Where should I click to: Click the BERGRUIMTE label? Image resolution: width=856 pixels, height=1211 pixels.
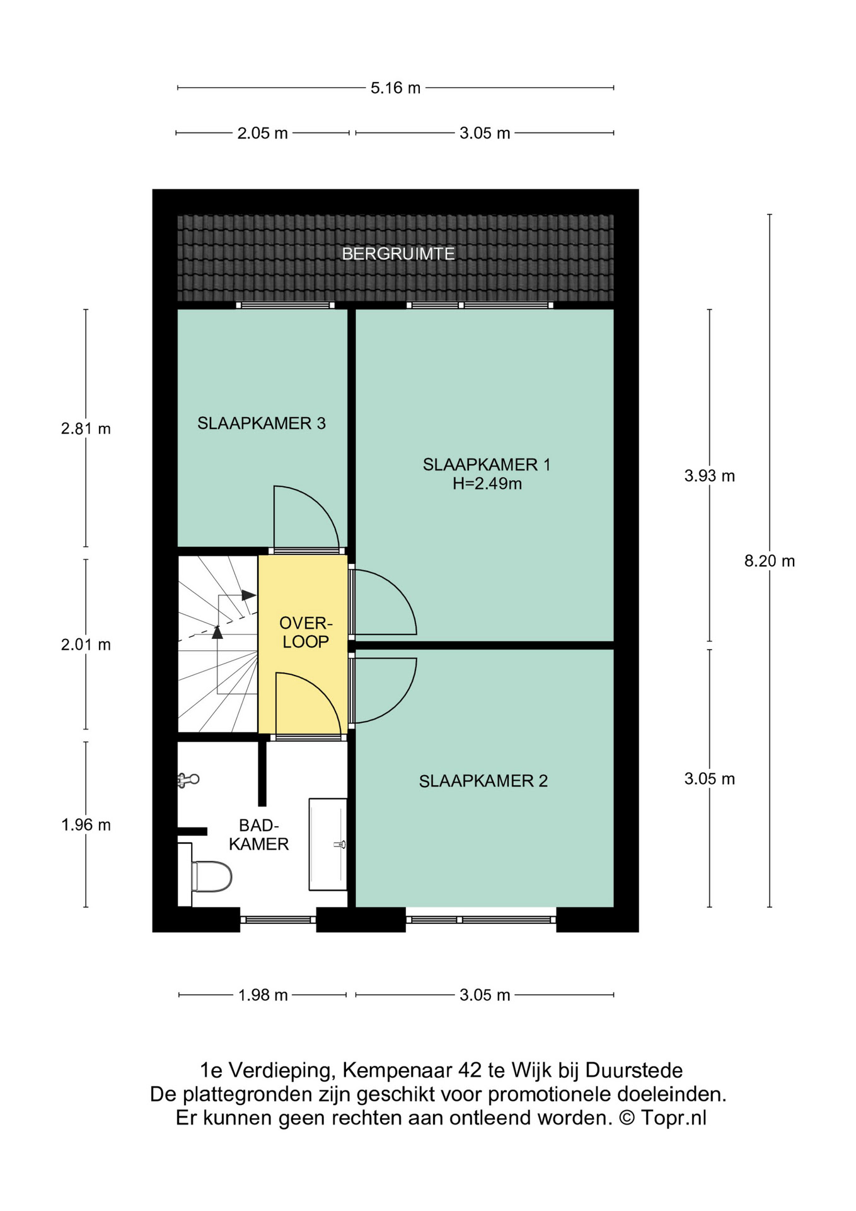[398, 254]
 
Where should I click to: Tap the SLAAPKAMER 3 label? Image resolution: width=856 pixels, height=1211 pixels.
[262, 423]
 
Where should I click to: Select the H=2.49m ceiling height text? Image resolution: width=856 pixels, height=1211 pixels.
[487, 484]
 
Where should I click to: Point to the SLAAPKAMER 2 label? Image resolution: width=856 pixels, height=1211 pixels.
[483, 781]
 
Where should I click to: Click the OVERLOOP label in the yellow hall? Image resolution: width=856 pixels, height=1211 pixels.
[306, 633]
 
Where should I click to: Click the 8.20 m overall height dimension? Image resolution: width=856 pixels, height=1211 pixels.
[770, 561]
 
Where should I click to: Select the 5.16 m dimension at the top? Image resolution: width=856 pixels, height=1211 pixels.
[395, 88]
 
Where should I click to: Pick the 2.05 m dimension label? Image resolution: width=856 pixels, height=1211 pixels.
[262, 133]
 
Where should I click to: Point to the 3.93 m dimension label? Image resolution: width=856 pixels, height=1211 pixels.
[710, 476]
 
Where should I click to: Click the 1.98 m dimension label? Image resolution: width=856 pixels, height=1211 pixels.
[263, 995]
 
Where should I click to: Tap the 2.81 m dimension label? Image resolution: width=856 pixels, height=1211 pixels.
[86, 429]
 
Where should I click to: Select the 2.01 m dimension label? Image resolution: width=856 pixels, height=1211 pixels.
[86, 645]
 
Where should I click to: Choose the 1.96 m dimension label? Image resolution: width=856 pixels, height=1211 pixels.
[86, 825]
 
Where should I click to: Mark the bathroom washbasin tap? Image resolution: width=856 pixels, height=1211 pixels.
[340, 844]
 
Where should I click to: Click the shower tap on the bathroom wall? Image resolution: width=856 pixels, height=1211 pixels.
[188, 780]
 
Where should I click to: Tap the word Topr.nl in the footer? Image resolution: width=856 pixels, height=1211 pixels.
[673, 1118]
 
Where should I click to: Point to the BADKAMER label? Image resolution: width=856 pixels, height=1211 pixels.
[258, 835]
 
